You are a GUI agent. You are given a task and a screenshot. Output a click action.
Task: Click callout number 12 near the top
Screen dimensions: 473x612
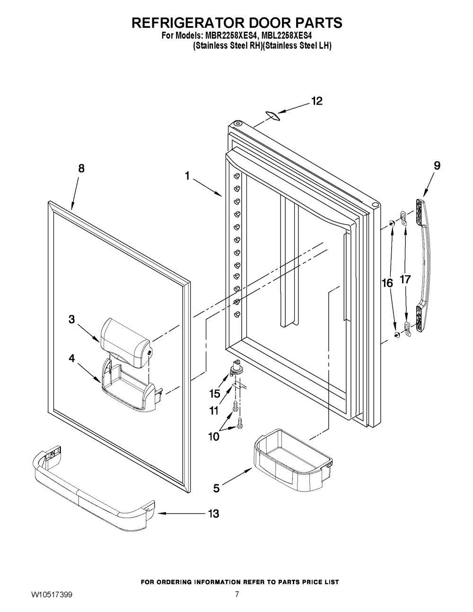(317, 101)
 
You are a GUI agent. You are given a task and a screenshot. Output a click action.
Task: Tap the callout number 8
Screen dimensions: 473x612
(81, 168)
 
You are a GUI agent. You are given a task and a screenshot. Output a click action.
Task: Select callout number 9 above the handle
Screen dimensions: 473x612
(437, 166)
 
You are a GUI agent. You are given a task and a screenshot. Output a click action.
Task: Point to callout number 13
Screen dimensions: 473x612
(214, 514)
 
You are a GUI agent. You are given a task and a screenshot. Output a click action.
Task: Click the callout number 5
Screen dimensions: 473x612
(216, 488)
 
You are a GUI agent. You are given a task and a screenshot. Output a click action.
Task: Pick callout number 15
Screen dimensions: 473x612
(215, 393)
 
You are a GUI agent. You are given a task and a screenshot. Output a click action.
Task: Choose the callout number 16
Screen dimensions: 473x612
(387, 283)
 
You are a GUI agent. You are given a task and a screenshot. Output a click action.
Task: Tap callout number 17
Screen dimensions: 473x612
(405, 280)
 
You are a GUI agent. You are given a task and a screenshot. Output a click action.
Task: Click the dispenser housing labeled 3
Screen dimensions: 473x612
(126, 343)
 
